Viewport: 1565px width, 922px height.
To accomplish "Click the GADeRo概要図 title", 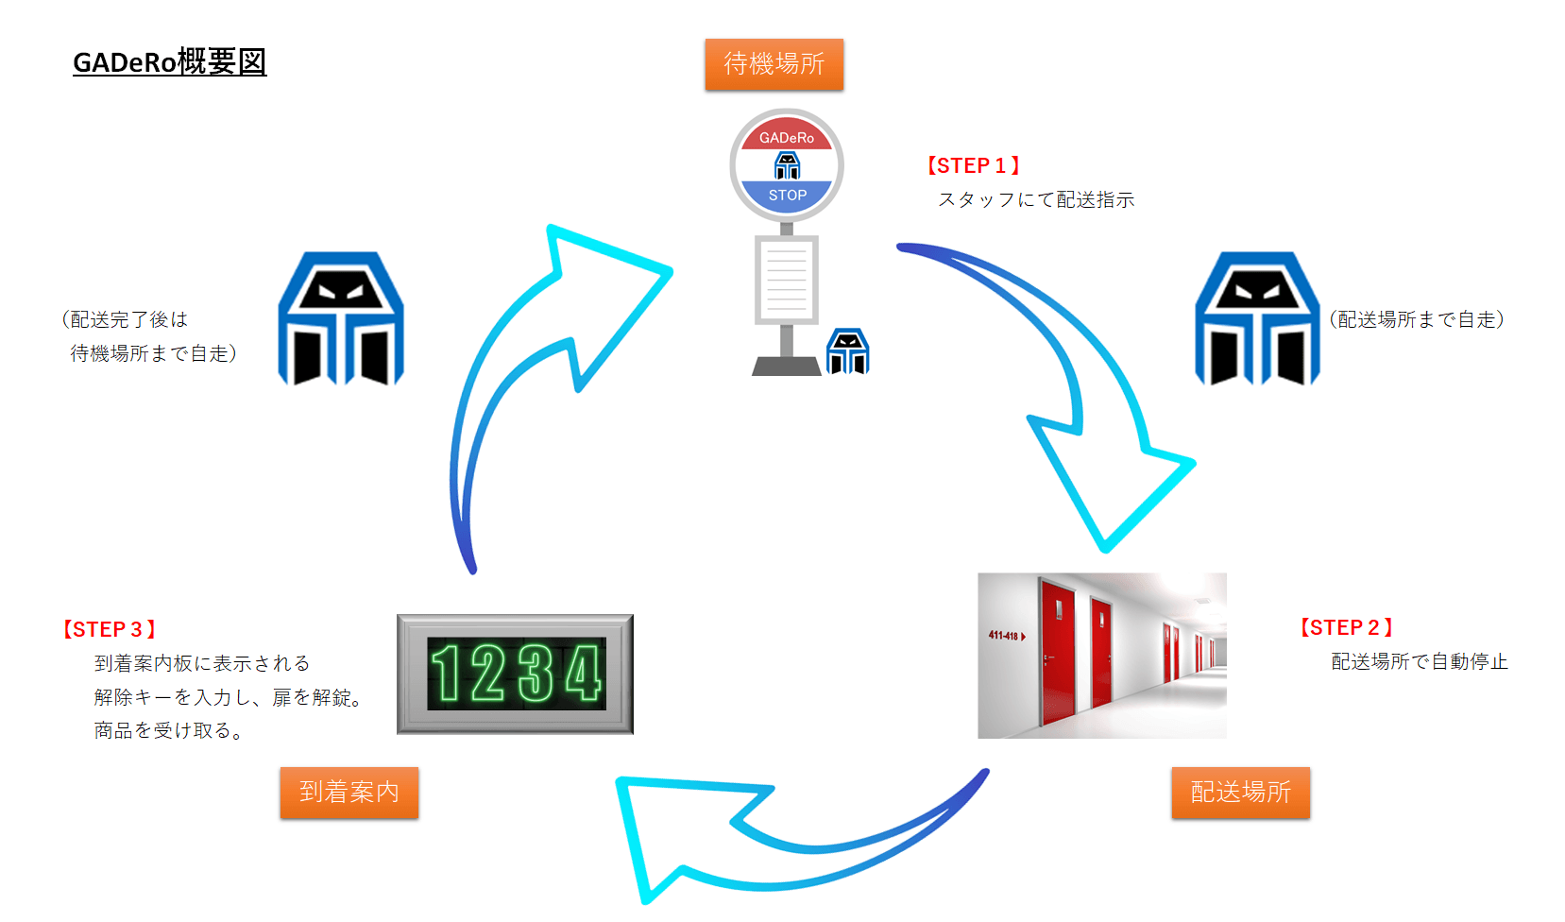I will [169, 62].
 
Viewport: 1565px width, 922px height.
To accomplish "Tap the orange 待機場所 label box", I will [774, 64].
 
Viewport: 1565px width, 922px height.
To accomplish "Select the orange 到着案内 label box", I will [349, 792].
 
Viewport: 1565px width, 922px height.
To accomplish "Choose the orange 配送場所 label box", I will [1240, 792].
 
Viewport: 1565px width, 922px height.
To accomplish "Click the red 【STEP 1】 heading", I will [973, 166].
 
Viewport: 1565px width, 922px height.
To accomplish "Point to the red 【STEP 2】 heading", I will [1346, 628].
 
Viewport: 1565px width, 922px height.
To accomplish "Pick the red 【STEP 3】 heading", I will [109, 630].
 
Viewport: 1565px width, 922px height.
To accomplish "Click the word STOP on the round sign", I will [787, 196].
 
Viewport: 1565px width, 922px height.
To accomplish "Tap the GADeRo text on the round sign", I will [786, 138].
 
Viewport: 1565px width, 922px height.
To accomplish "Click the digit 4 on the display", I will [582, 674].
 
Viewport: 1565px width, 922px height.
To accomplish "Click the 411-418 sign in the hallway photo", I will [1005, 636].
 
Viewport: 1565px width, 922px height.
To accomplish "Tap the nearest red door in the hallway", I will [1057, 652].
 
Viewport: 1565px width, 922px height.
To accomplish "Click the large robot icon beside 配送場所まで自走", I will [1256, 318].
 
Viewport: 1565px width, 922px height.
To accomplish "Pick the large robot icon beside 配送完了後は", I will [341, 318].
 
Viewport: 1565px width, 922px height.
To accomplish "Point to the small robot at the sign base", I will [847, 351].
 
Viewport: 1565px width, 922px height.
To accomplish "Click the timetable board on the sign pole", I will [786, 279].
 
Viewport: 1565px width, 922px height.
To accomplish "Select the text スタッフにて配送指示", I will [1036, 200].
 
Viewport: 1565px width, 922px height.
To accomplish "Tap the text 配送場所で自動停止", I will [1419, 662].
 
